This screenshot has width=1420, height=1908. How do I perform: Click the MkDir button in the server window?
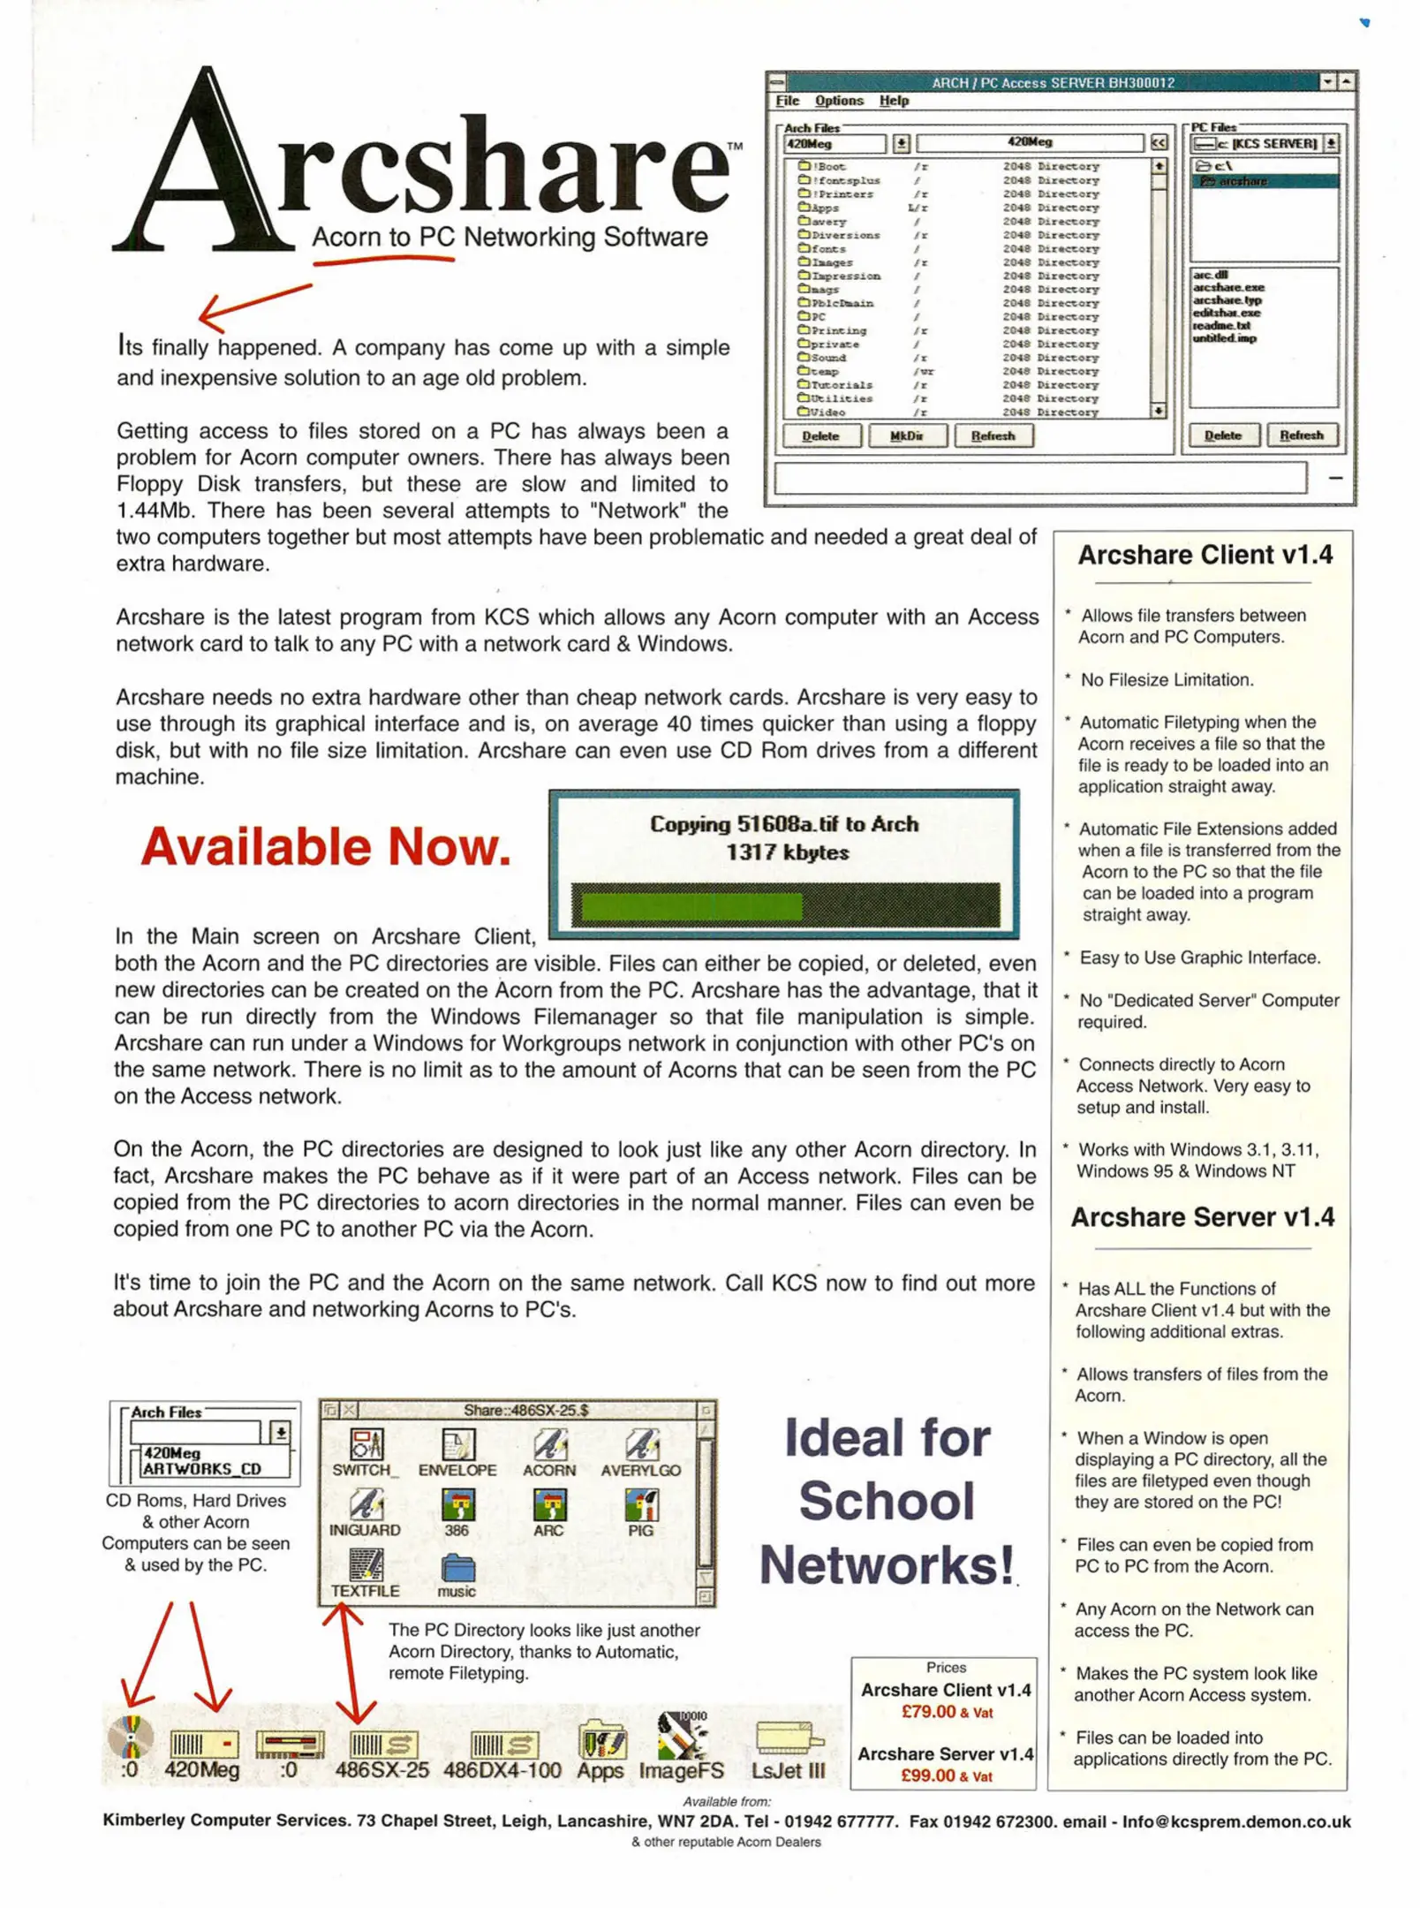point(907,435)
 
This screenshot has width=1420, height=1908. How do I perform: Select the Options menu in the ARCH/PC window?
point(838,101)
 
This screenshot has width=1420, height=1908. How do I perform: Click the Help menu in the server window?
point(893,101)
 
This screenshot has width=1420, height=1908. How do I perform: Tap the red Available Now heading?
point(326,846)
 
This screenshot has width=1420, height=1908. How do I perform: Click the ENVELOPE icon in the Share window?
point(457,1446)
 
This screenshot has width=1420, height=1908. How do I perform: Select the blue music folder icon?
point(457,1569)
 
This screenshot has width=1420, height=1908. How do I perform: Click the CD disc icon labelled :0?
point(131,1738)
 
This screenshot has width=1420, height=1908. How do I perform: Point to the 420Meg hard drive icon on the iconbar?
point(202,1745)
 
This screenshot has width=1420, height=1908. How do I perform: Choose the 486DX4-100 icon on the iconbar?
point(502,1745)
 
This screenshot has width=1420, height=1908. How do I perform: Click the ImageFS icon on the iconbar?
point(681,1737)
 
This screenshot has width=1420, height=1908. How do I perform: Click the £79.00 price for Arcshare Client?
point(928,1712)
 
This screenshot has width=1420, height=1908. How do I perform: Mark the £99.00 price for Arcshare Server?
point(927,1775)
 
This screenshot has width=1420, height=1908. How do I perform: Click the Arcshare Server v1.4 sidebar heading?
point(1202,1217)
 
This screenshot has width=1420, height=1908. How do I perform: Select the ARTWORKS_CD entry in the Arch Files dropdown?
point(202,1469)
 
